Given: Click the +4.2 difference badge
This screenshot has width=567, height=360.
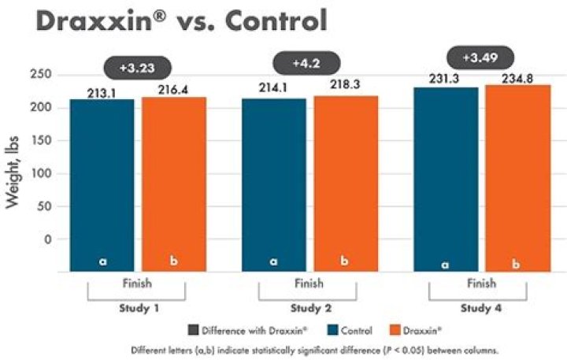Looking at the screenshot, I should tap(306, 63).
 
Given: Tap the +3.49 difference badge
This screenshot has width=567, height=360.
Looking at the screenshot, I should tap(480, 58).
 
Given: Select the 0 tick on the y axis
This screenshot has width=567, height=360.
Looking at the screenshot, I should tap(48, 239).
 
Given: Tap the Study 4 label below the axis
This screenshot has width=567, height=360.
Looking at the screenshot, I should tap(481, 308).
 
